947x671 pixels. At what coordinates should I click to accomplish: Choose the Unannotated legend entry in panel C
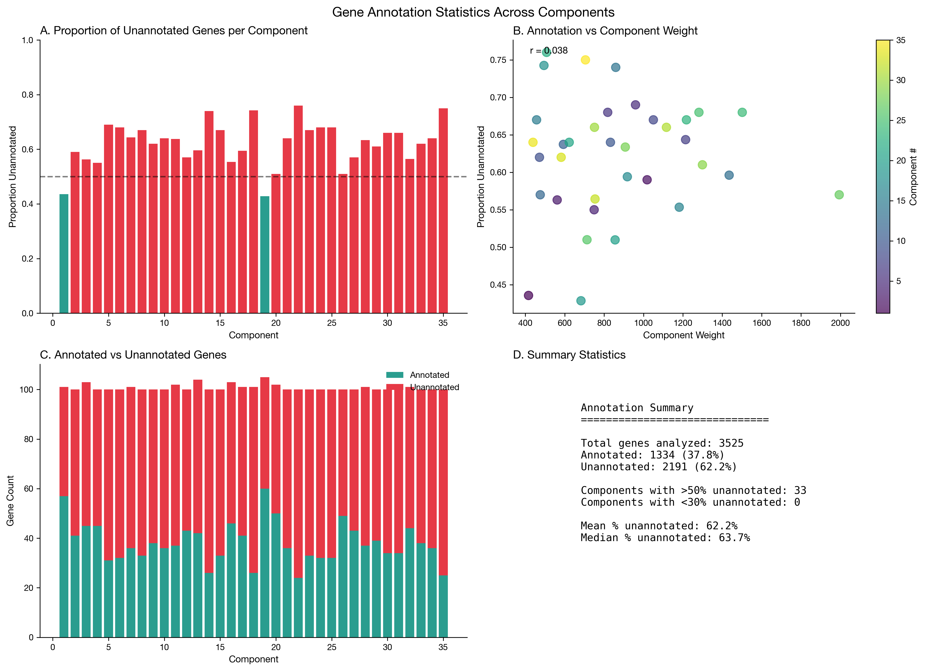tap(434, 387)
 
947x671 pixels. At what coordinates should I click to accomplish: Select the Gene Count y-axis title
tap(10, 500)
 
